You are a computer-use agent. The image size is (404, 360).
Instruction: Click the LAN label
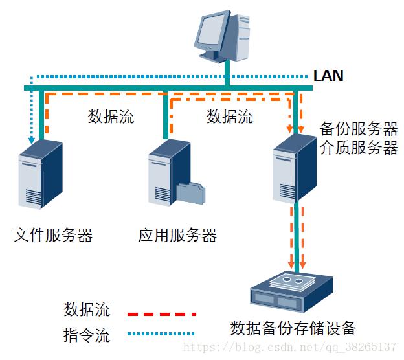click(328, 75)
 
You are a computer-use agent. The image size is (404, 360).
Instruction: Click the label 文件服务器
click(53, 234)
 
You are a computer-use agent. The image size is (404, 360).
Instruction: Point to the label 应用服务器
click(177, 234)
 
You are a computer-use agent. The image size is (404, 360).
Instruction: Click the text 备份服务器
click(359, 128)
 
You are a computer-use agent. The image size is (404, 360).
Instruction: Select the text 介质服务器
click(359, 148)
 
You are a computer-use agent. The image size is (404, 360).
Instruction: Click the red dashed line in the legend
click(161, 313)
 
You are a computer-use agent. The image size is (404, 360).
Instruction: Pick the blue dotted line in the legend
click(161, 335)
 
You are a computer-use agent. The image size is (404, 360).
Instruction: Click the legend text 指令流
click(87, 335)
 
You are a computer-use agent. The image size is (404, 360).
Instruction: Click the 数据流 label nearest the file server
click(111, 117)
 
